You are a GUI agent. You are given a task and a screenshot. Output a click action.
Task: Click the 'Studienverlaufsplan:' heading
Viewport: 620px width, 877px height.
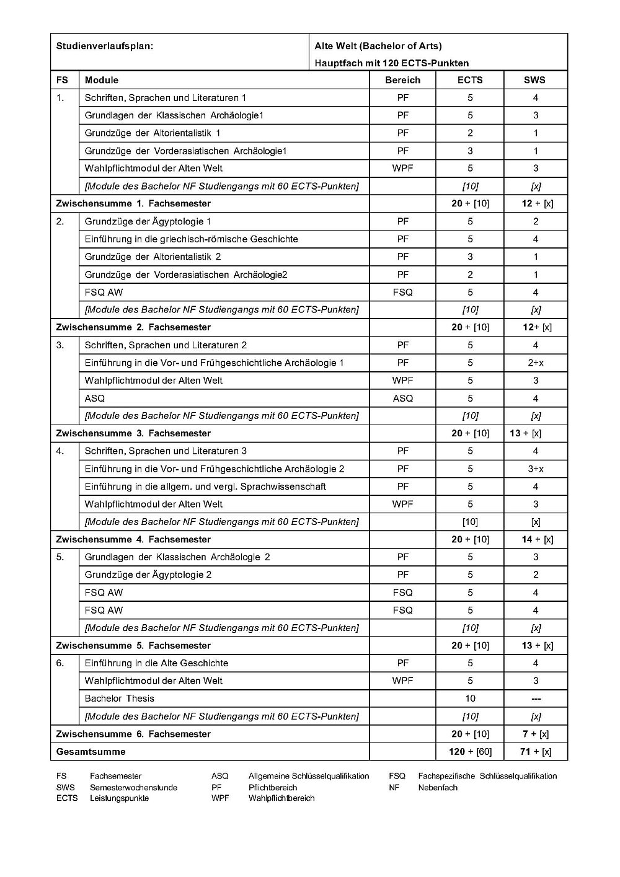click(x=104, y=46)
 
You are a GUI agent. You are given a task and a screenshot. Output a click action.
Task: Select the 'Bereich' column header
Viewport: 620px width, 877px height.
click(x=402, y=80)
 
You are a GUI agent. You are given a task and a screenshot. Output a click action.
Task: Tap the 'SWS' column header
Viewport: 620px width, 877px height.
click(x=536, y=80)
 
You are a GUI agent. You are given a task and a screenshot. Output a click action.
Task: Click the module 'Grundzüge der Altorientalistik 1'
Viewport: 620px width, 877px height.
click(x=153, y=133)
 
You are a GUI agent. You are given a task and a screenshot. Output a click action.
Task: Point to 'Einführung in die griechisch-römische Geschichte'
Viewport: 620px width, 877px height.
click(x=191, y=239)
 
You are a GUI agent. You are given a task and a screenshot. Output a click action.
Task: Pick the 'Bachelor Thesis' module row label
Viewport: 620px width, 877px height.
click(x=120, y=699)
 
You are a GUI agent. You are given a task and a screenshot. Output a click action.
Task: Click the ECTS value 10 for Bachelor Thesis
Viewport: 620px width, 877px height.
click(x=470, y=699)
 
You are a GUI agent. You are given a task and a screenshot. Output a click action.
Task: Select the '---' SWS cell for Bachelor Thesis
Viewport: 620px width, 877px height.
click(x=536, y=699)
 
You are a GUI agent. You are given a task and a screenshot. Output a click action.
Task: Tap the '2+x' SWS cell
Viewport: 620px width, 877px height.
click(x=536, y=363)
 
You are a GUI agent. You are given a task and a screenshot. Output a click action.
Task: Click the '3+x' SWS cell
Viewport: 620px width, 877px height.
click(x=536, y=469)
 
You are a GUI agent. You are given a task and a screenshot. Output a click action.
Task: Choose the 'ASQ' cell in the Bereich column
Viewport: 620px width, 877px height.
click(x=402, y=399)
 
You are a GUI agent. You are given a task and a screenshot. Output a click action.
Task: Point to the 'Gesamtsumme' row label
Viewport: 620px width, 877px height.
click(x=91, y=752)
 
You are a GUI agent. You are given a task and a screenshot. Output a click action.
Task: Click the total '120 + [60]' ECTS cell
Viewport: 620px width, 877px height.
click(x=470, y=752)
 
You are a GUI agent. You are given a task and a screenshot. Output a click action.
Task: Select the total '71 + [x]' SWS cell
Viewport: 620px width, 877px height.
click(x=536, y=752)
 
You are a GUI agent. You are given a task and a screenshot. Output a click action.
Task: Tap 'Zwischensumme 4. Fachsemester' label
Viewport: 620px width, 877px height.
click(x=133, y=540)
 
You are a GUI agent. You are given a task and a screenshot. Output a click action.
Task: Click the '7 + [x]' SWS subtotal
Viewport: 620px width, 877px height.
click(x=536, y=734)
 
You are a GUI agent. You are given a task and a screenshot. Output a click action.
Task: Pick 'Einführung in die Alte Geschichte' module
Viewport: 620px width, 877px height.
click(x=156, y=663)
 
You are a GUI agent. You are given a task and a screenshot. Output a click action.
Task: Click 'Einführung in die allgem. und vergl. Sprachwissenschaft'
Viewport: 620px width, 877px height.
click(x=205, y=487)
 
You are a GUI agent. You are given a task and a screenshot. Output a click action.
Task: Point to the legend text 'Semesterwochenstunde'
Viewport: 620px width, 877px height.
click(x=133, y=788)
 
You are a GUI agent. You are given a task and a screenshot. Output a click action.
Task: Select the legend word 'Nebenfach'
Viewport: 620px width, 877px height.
click(x=438, y=788)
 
